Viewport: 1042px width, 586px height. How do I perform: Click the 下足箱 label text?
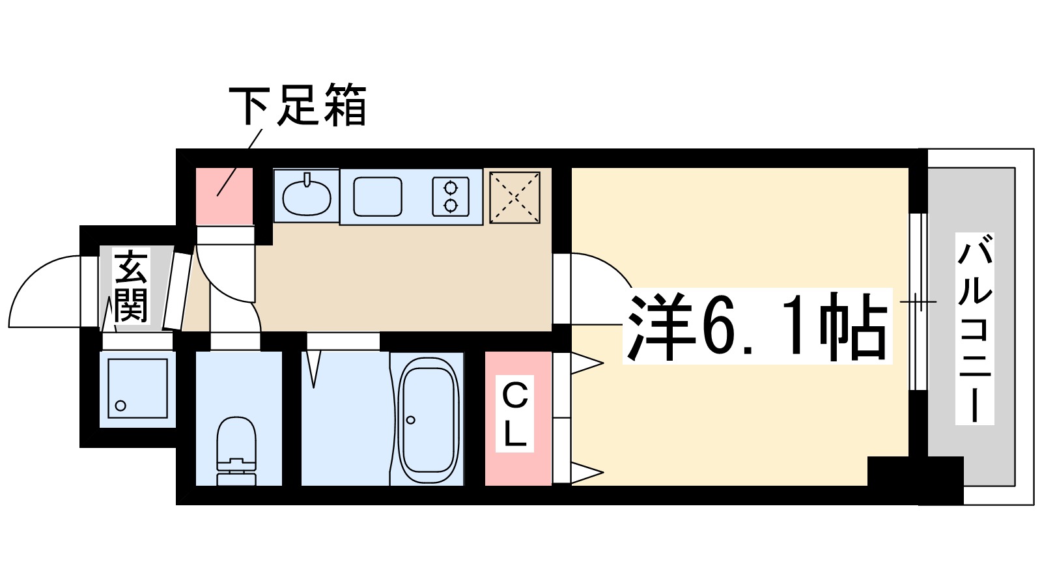[x=297, y=105]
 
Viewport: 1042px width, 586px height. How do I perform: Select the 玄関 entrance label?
[x=131, y=286]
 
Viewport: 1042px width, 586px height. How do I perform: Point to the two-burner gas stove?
[x=451, y=197]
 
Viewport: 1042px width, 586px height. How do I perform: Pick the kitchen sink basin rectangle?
[x=378, y=197]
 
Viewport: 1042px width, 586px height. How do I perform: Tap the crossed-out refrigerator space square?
[x=514, y=197]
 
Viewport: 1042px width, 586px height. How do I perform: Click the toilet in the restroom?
[x=236, y=449]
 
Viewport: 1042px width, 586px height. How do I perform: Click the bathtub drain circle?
[x=410, y=420]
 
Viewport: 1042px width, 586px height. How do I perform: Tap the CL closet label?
[x=515, y=413]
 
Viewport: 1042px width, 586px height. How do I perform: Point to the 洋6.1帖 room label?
[x=757, y=326]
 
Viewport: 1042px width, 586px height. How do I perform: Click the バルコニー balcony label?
[x=974, y=329]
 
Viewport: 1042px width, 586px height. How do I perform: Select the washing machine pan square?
[x=137, y=388]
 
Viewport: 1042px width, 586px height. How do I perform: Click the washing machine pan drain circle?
[x=120, y=406]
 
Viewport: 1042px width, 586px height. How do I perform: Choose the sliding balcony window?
[x=918, y=301]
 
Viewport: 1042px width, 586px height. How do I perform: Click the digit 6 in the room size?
[x=716, y=326]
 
